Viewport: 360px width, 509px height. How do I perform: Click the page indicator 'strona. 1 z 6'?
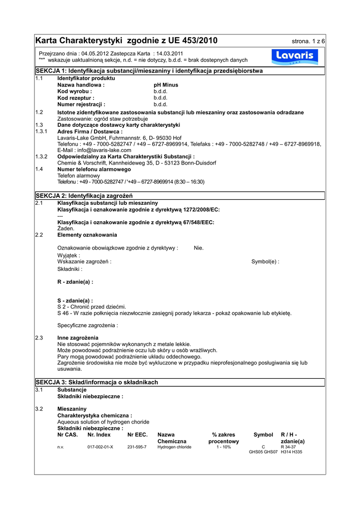[308, 41]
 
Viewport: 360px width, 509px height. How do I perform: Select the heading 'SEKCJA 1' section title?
[149, 71]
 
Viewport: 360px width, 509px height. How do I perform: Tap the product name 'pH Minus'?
[166, 85]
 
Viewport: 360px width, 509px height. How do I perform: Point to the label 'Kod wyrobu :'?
[75, 91]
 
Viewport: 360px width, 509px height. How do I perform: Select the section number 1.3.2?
[41, 157]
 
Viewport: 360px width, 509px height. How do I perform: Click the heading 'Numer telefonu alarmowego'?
[90, 170]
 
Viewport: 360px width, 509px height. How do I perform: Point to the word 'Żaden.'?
[66, 228]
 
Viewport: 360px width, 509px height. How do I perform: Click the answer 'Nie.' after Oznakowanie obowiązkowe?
[198, 248]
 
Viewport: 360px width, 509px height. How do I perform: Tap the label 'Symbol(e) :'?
[265, 261]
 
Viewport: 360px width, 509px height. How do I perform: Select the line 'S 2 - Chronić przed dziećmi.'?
[91, 307]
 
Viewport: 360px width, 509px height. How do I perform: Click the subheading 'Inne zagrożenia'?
[78, 338]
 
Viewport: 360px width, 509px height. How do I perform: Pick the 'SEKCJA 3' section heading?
[96, 382]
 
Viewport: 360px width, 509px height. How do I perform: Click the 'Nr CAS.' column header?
[68, 435]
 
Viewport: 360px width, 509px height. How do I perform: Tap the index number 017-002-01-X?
[100, 447]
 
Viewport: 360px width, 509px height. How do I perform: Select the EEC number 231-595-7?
[137, 447]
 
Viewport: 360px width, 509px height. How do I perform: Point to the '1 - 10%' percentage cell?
[223, 447]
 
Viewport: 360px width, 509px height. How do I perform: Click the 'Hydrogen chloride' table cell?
[174, 447]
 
